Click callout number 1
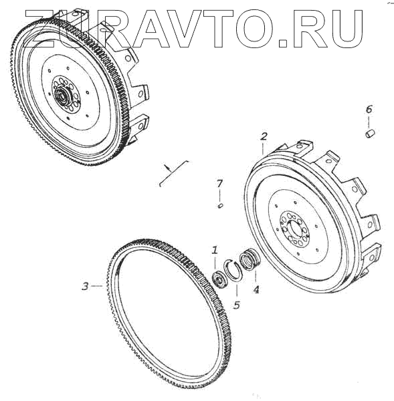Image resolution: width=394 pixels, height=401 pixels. pos(214,250)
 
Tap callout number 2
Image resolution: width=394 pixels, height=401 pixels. pos(264,136)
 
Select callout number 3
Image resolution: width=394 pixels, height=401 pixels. pos(85,286)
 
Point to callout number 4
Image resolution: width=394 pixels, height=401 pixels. pos(256,289)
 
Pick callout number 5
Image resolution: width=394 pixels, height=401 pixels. pos(237,305)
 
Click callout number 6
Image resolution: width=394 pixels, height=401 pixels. pos(369,109)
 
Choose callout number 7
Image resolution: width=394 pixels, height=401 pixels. pos(219,183)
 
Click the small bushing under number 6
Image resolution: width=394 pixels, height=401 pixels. pos(370,134)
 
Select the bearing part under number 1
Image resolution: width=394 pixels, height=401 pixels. pos(219,279)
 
